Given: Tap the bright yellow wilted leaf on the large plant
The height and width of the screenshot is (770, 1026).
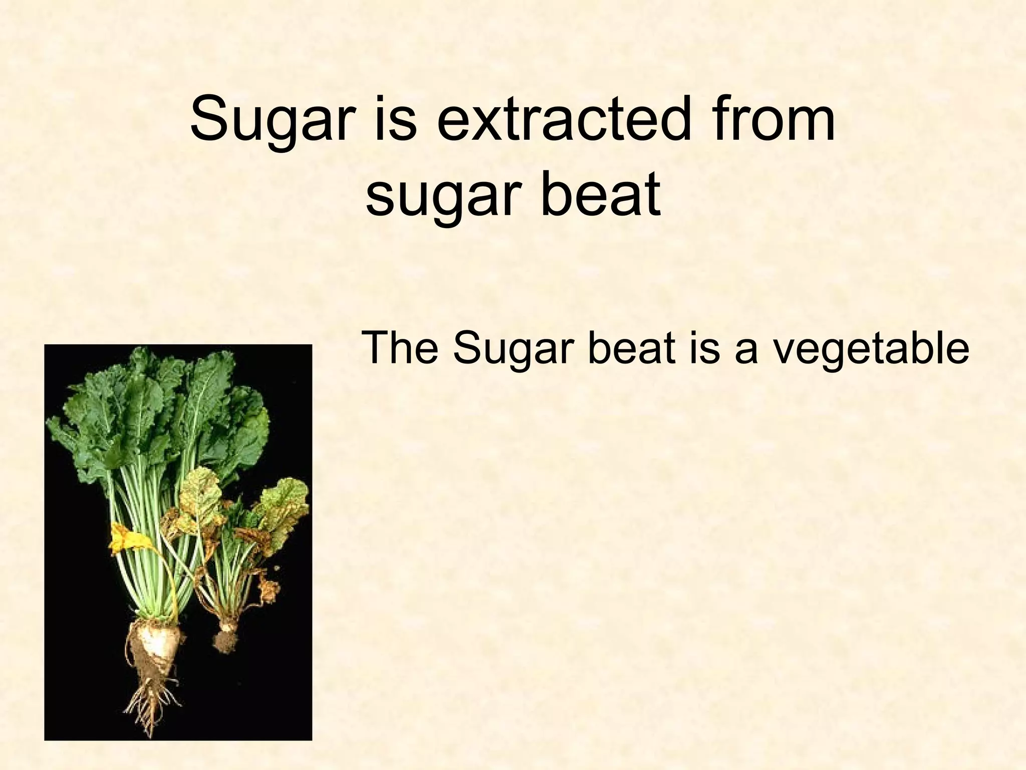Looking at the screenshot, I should point(125,539).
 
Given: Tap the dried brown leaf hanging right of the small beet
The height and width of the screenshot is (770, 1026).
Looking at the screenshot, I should point(268,589).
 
